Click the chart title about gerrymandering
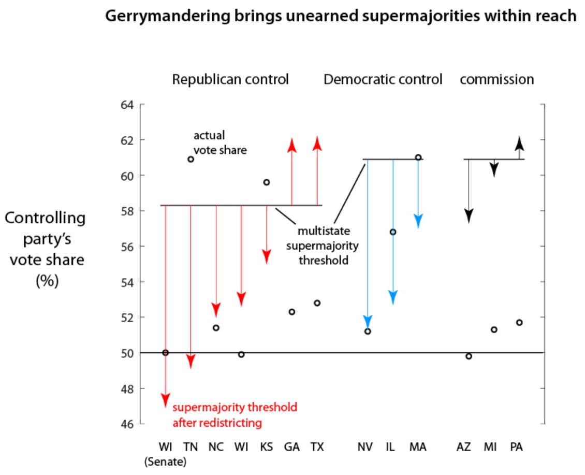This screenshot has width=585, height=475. click(341, 16)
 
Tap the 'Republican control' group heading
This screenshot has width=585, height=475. click(230, 80)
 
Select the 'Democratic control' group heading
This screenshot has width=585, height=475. click(383, 80)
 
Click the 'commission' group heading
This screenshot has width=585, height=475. click(496, 80)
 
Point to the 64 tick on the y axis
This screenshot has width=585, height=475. click(127, 105)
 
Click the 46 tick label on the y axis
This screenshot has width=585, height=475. click(127, 424)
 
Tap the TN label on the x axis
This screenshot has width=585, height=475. click(191, 447)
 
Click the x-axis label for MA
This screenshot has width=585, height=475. click(418, 447)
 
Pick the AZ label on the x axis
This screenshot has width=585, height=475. click(464, 447)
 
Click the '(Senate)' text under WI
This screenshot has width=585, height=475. click(165, 460)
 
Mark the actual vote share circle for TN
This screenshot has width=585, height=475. click(191, 159)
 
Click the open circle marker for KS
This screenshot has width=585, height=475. click(267, 182)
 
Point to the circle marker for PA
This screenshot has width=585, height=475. click(519, 322)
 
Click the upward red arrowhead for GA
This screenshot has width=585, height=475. click(291, 145)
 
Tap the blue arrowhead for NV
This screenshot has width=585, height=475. click(368, 321)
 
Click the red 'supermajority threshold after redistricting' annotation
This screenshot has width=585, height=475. click(235, 415)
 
